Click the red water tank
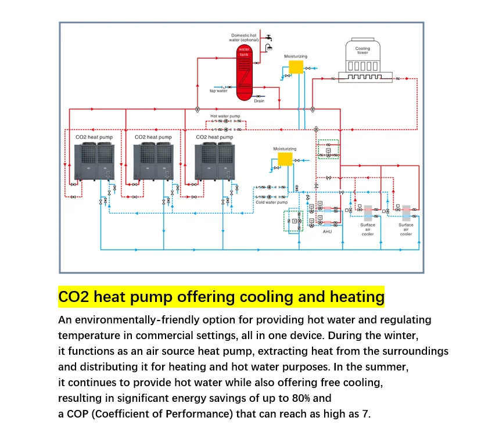pos(243,71)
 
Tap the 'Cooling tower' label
pos(362,51)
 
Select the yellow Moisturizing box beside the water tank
pos(296,67)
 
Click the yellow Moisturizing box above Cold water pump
pos(285,159)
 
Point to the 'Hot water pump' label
pos(225,116)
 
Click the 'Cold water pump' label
pos(271,202)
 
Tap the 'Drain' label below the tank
pos(259,101)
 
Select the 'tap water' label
pos(218,91)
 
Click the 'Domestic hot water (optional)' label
pos(245,38)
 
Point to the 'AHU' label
pos(327,232)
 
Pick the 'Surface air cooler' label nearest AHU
pos(368,229)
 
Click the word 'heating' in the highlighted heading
pos(357,297)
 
